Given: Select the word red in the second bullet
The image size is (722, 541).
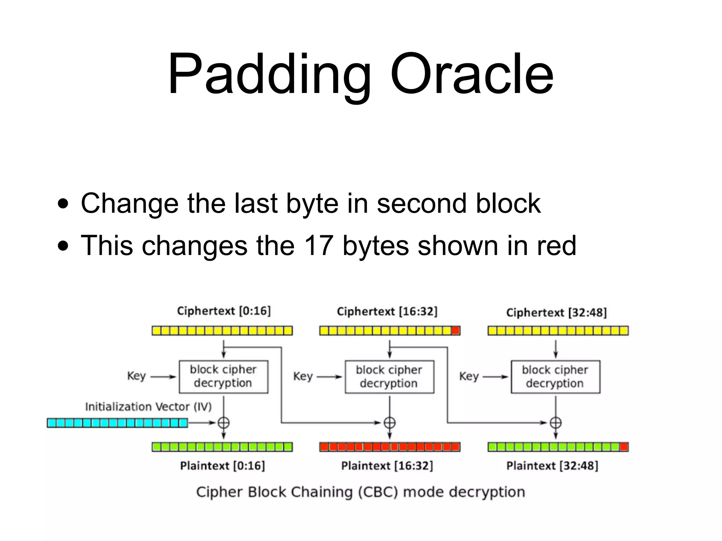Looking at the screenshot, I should tap(557, 245).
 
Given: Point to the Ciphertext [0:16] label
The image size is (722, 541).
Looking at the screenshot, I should tap(224, 311).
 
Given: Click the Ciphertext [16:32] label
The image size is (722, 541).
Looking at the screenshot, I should tap(387, 311).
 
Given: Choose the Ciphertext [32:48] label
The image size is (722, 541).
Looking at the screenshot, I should tap(556, 312).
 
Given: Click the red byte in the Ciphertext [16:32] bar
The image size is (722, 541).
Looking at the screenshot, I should tap(455, 331).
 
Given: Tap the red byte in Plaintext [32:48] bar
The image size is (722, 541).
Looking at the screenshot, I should tap(624, 447).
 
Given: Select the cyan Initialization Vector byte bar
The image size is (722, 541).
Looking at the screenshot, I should tap(117, 423).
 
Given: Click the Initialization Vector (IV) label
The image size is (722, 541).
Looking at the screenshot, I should tap(148, 407).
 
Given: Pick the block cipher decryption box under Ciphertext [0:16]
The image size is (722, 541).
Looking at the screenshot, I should tap(224, 377).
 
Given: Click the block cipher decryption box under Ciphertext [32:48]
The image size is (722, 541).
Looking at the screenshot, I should tap(555, 377).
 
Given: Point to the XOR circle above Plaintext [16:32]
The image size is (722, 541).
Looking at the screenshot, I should tap(390, 423).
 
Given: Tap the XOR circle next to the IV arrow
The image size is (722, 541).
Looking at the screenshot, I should tap(224, 423).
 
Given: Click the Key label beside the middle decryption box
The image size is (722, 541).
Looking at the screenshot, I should tap(303, 377).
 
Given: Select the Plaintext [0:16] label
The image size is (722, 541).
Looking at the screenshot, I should tap(222, 466).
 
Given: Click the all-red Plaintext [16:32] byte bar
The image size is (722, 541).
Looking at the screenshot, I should tap(390, 447).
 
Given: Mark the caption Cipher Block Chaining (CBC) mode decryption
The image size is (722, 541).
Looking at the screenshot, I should tap(360, 492).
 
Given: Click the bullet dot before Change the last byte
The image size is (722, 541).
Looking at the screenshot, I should tap(63, 204).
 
